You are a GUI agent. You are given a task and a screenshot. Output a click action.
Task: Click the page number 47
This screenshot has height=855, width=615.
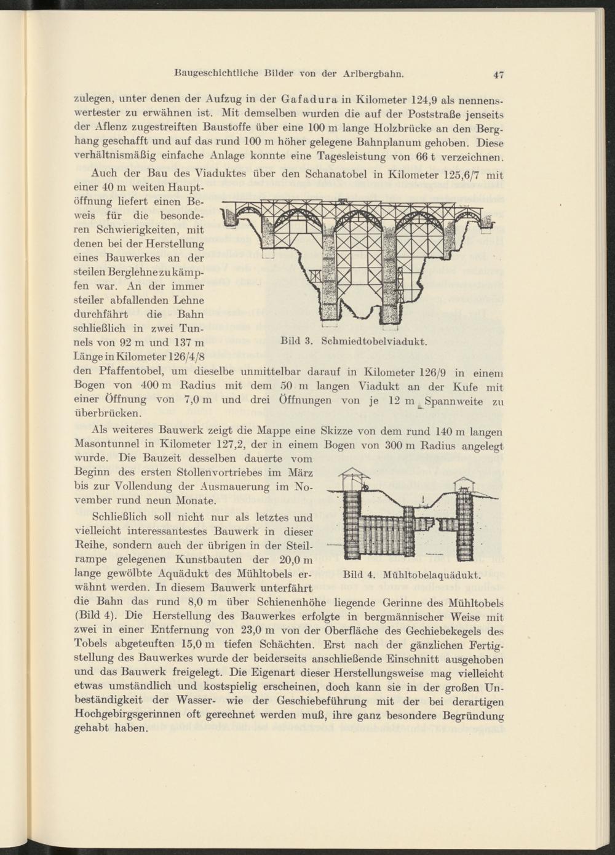pyautogui.click(x=498, y=75)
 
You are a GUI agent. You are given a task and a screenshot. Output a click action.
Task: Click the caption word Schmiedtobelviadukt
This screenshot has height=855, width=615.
pyautogui.click(x=374, y=341)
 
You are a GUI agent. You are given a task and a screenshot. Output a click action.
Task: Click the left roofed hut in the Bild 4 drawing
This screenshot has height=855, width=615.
pyautogui.click(x=355, y=475)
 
